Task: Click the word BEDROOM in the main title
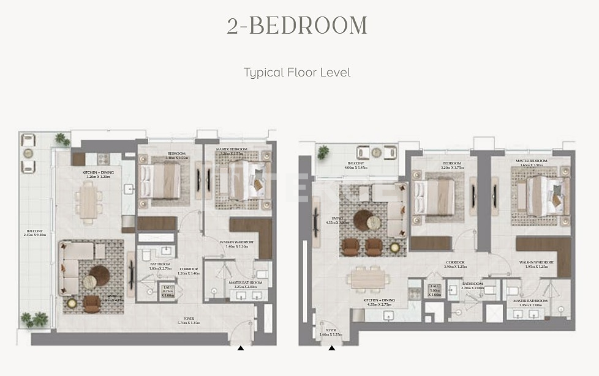click(308, 26)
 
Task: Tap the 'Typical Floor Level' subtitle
click(297, 72)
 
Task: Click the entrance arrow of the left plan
click(241, 348)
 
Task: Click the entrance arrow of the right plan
click(331, 348)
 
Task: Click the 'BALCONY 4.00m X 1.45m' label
click(356, 166)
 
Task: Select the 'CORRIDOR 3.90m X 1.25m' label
click(454, 265)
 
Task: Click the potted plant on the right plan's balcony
click(323, 152)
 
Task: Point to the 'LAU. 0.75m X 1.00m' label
click(167, 292)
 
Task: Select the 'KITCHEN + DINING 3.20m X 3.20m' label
click(98, 175)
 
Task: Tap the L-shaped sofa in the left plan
click(73, 264)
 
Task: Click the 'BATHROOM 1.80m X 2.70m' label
click(160, 267)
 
